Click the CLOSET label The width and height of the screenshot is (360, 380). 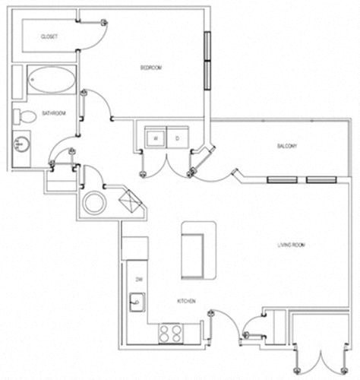pyautogui.click(x=49, y=36)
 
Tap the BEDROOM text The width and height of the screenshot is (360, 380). pyautogui.click(x=151, y=68)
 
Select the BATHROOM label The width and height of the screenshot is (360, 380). pyautogui.click(x=53, y=114)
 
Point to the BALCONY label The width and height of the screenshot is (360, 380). pyautogui.click(x=286, y=146)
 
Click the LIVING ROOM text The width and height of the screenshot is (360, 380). pyautogui.click(x=291, y=245)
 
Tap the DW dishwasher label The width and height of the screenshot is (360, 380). pyautogui.click(x=140, y=280)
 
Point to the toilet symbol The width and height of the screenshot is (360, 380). pyautogui.click(x=25, y=116)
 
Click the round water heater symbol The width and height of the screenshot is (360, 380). pyautogui.click(x=97, y=203)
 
